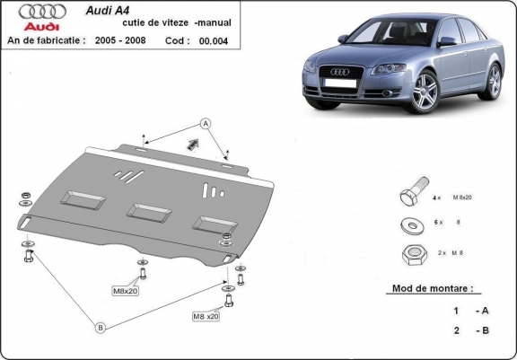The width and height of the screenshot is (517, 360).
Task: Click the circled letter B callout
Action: (101, 329)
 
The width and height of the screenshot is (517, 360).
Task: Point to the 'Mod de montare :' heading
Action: (433, 290)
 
